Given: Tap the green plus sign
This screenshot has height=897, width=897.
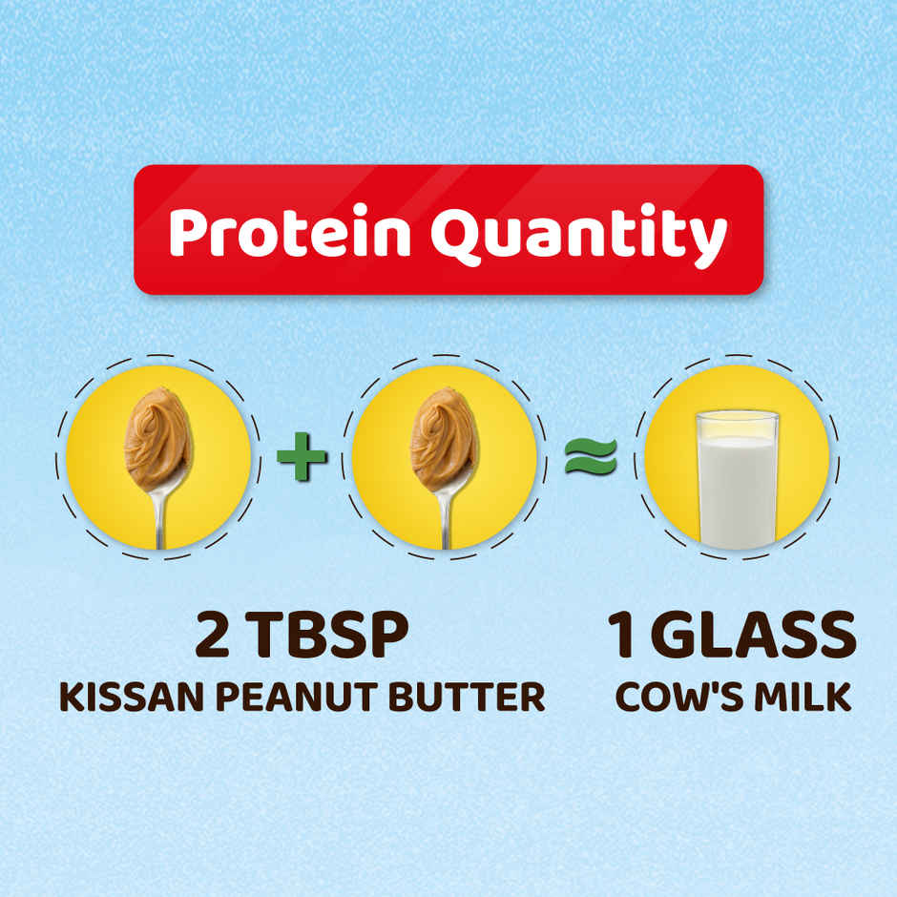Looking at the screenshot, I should pos(302,456).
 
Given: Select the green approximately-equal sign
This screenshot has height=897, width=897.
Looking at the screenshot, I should pos(590,457).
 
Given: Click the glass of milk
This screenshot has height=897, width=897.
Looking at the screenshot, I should pos(737,482).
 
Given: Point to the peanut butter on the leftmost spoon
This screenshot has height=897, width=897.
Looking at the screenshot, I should pos(156,434).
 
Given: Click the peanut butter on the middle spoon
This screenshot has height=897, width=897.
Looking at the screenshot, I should pos(443,434).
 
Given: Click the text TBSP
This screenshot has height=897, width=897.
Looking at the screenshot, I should pos(330,637).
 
